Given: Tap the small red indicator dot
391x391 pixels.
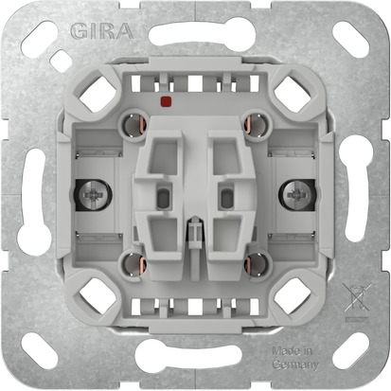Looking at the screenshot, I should click(x=167, y=99).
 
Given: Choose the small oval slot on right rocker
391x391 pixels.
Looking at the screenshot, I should click(x=225, y=198).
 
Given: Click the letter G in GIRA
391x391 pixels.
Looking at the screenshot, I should click(x=77, y=30).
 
